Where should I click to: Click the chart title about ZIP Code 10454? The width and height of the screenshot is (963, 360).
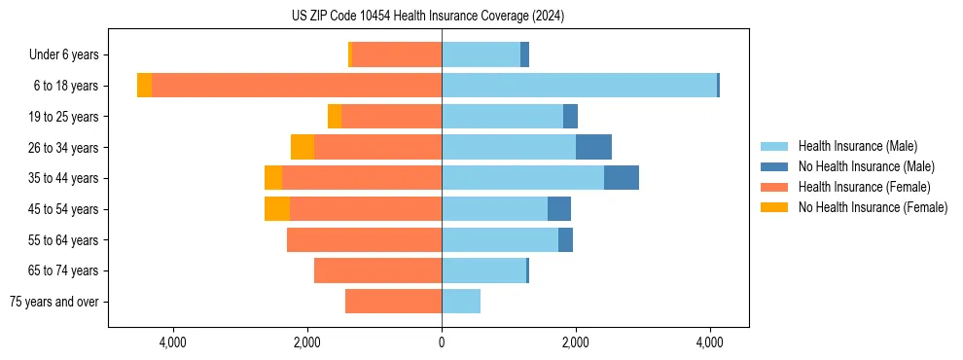428,17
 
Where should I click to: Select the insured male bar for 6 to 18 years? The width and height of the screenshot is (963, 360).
579,86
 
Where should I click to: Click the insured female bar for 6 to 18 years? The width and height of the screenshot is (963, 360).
297,86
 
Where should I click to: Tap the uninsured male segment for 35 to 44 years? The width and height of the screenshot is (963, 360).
621,178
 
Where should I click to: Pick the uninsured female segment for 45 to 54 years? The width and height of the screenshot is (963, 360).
276,209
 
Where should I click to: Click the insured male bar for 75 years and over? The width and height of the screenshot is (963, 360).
461,302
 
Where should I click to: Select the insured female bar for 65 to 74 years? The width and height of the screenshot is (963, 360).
377,270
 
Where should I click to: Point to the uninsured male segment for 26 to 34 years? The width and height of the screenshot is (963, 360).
593,147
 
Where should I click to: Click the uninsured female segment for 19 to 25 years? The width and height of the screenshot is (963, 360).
335,117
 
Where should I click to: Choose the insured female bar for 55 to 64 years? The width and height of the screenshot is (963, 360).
364,239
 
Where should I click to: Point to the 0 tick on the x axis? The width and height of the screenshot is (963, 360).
442,342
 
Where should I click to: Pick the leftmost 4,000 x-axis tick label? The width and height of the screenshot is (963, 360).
173,342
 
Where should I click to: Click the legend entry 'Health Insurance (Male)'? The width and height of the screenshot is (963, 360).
857,146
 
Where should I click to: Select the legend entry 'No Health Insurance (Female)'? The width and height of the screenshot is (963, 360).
873,207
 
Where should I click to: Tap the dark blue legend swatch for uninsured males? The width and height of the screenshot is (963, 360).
774,166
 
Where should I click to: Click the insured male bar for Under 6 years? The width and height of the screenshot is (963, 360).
481,55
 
